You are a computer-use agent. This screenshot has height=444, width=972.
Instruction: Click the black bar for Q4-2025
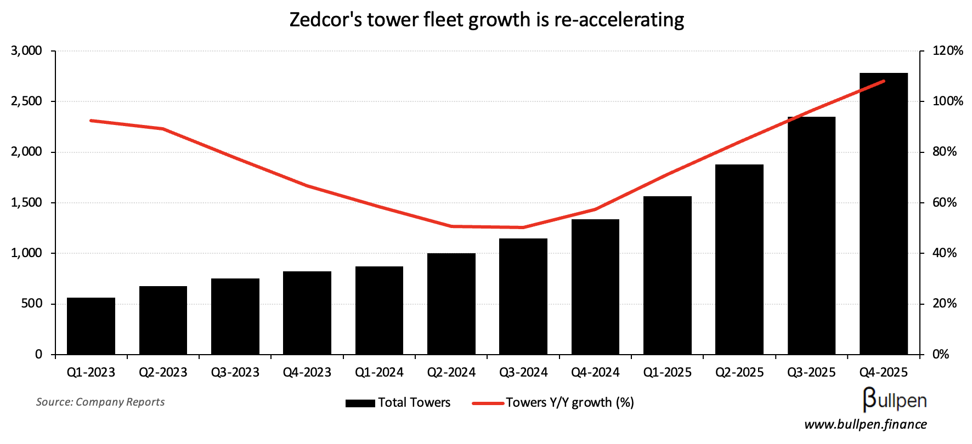[x=883, y=214]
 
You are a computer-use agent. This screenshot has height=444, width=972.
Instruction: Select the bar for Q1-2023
[x=91, y=326]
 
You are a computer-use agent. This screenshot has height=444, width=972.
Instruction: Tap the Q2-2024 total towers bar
[x=451, y=304]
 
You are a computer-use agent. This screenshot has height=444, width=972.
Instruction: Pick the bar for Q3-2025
[x=811, y=236]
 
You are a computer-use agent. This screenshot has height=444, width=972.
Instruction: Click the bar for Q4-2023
[x=307, y=313]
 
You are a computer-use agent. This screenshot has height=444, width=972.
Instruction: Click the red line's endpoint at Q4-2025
[x=884, y=81]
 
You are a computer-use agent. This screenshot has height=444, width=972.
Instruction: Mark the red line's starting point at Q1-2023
[x=91, y=121]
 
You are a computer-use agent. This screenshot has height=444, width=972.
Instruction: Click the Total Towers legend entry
[x=398, y=403]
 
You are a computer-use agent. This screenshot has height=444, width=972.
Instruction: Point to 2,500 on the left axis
[x=26, y=101]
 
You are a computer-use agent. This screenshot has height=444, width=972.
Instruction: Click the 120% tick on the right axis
[x=948, y=51]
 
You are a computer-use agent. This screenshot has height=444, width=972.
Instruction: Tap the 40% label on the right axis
[x=945, y=253]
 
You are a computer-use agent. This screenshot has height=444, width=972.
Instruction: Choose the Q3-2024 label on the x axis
[x=523, y=373]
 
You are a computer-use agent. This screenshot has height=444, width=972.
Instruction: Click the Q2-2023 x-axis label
[x=163, y=373]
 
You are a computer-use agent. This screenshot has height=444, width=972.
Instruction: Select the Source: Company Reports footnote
[x=100, y=402]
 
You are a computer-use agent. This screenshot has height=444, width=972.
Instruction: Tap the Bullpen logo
[x=895, y=400]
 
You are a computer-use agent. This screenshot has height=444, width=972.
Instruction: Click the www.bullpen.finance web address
[x=866, y=424]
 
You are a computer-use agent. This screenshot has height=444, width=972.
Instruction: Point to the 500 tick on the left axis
[x=31, y=304]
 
